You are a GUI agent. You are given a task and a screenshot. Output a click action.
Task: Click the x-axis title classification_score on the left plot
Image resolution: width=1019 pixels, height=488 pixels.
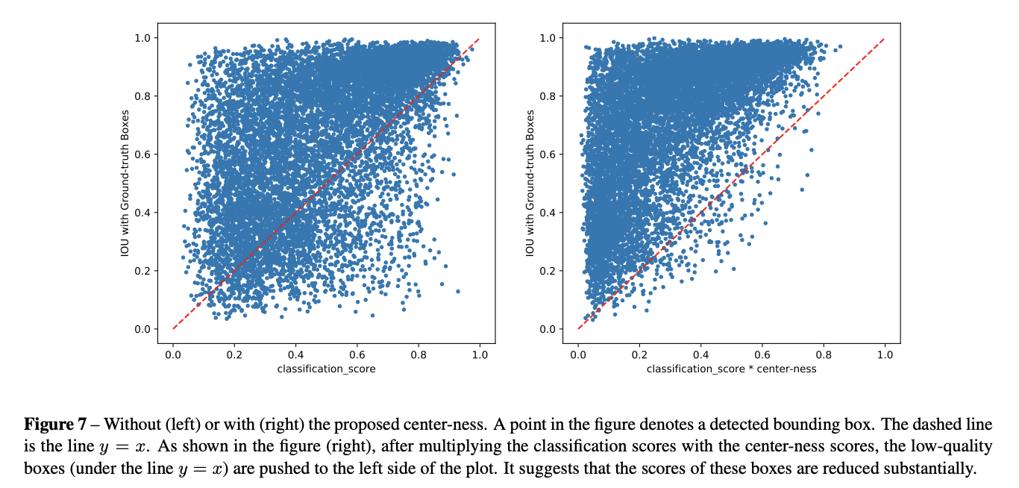pyautogui.click(x=326, y=369)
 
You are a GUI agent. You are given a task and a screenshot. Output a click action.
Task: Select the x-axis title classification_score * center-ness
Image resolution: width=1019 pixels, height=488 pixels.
pyautogui.click(x=731, y=369)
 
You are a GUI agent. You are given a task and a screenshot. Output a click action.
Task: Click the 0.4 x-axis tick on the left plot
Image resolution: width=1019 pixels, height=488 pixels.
pyautogui.click(x=295, y=355)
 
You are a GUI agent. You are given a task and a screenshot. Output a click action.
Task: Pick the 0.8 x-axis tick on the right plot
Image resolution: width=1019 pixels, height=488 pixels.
pyautogui.click(x=823, y=355)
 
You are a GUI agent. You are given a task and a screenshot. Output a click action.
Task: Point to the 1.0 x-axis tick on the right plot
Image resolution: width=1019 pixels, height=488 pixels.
pyautogui.click(x=884, y=355)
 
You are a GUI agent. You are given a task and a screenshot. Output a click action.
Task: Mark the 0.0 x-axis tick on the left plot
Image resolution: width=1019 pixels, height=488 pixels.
pyautogui.click(x=173, y=355)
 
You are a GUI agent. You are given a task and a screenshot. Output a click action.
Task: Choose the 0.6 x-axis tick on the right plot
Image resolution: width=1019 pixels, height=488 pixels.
pyautogui.click(x=762, y=355)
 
